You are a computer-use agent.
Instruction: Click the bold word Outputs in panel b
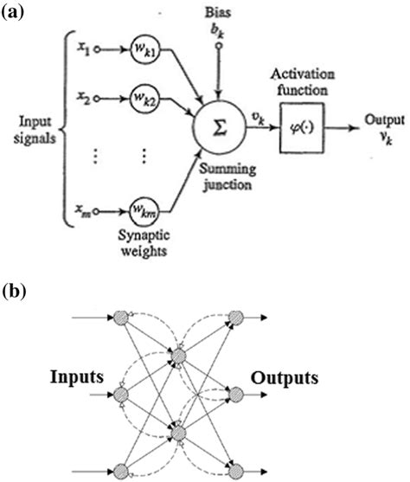point(286,377)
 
